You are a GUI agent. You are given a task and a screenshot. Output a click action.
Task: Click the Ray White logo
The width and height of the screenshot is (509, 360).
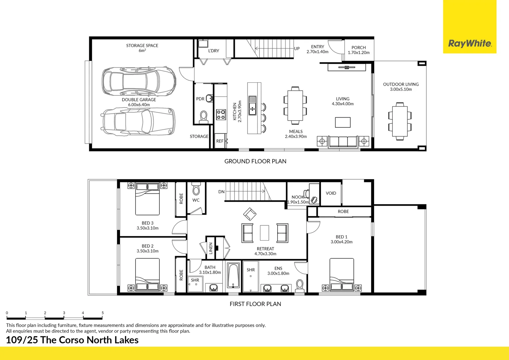click(469, 43)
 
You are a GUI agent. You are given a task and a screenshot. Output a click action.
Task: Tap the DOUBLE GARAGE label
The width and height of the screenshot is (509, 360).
click(139, 100)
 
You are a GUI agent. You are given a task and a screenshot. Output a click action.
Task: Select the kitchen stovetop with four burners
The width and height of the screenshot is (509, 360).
click(221, 114)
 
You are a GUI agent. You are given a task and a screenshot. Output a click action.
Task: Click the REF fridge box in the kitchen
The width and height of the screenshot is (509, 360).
click(220, 141)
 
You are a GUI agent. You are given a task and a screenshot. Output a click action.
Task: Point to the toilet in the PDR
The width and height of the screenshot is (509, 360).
click(203, 116)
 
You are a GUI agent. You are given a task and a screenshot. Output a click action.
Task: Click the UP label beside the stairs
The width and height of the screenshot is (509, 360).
click(297, 48)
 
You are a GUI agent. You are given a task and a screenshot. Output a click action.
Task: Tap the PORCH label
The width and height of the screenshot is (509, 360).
click(358, 48)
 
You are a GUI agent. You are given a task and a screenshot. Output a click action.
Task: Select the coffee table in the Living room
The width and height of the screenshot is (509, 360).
click(342, 122)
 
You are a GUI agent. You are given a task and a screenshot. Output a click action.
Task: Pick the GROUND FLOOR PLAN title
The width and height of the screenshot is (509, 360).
click(255, 161)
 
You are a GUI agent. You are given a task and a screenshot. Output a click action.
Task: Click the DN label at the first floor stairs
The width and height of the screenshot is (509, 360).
click(221, 192)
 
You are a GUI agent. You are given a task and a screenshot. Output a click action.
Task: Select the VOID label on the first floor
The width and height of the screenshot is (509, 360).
click(331, 193)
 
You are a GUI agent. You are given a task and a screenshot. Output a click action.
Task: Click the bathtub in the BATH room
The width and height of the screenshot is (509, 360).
click(233, 276)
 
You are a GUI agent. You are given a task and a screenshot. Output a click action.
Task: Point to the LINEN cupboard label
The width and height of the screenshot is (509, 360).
click(211, 248)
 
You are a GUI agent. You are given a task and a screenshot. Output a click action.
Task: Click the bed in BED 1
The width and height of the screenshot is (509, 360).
click(341, 275)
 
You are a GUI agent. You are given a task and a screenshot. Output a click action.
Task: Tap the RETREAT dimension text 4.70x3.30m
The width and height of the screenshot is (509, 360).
click(265, 254)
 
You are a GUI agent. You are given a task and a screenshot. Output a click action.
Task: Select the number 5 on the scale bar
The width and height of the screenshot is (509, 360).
click(103, 313)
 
